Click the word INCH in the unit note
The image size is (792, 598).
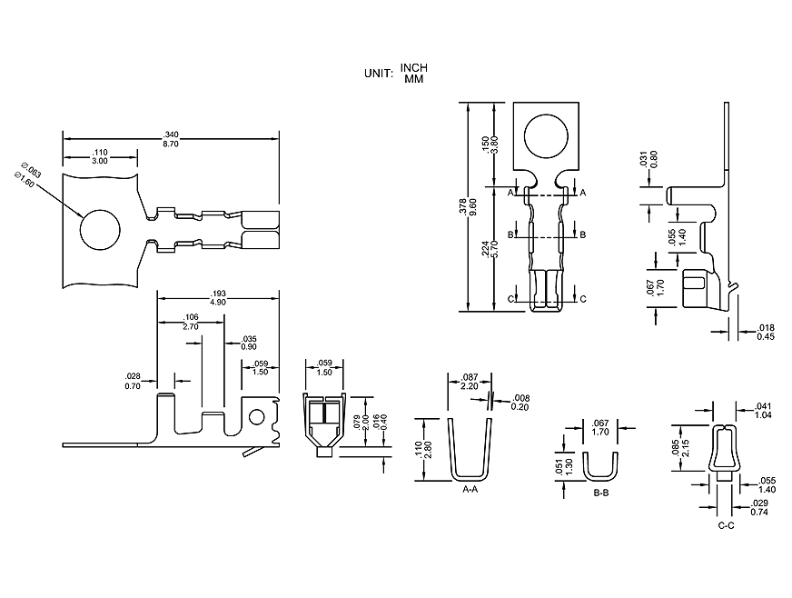(x=413, y=68)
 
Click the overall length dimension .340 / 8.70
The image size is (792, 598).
(x=169, y=139)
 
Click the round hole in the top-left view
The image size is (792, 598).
(x=100, y=229)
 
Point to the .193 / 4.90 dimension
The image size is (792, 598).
(x=217, y=297)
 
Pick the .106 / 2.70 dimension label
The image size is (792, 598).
(x=191, y=322)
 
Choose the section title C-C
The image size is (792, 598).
(x=726, y=525)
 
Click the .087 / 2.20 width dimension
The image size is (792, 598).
(x=470, y=382)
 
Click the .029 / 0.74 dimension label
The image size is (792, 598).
(x=760, y=508)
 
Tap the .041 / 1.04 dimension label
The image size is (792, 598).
(x=763, y=410)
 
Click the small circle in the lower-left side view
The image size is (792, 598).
(x=257, y=417)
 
